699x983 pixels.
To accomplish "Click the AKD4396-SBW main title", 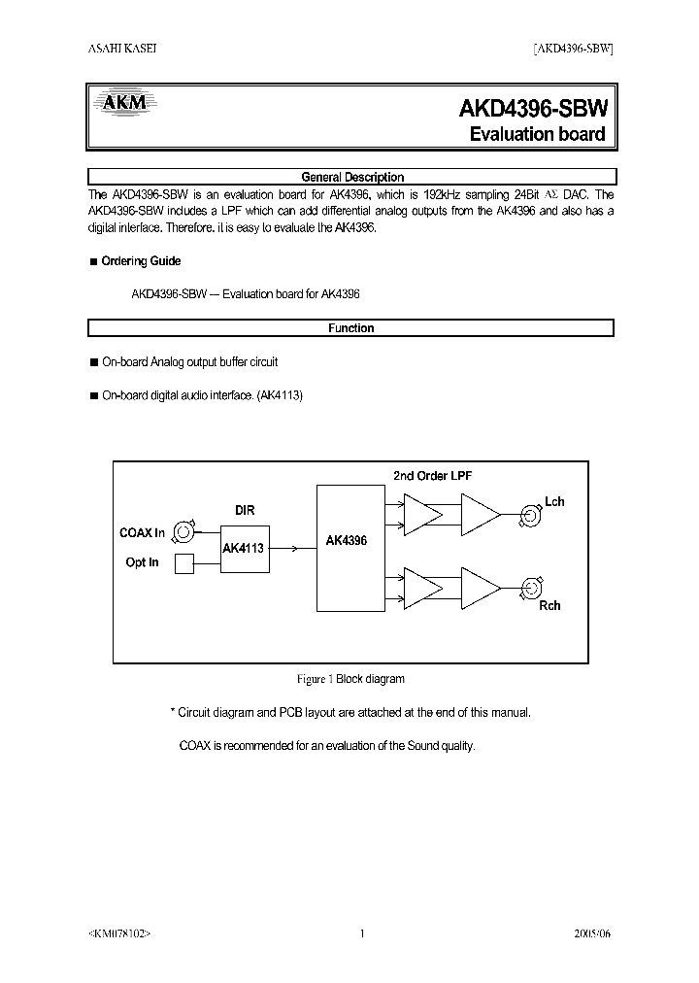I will pos(532,109).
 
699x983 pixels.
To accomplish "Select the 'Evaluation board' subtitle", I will pos(537,134).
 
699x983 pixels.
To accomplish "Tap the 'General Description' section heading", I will pos(352,177).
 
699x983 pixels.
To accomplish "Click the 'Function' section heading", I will pos(350,328).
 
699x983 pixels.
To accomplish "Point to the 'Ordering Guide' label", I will pos(141,261).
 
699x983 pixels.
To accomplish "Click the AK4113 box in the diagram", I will pos(243,549).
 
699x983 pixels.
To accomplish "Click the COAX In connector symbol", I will pos(183,530).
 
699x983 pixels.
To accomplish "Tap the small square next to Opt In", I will pos(183,563).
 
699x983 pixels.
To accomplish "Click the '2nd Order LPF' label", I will pos(432,475).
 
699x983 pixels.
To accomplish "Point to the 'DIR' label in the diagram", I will pos(245,509).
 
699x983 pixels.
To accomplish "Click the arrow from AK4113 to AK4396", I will pos(292,549).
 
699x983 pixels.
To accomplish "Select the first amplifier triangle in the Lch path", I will pos(421,513).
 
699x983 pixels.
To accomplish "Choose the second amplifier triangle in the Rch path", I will pos(480,587).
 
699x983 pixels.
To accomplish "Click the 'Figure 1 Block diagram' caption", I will pos(349,679).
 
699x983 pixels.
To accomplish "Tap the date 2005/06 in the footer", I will pos(594,934).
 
